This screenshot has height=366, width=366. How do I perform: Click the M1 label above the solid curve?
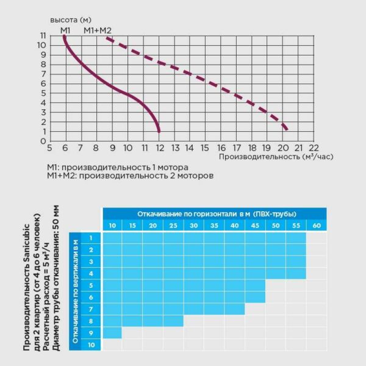65,30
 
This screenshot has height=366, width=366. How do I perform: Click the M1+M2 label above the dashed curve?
98,30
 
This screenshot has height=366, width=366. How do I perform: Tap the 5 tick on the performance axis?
49,148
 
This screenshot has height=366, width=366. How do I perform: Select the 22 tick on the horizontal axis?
314,148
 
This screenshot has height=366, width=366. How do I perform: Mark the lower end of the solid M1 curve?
159,131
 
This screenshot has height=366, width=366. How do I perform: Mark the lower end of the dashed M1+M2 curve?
285,129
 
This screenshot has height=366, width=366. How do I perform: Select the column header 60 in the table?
316,226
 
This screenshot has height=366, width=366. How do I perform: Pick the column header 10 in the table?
112,226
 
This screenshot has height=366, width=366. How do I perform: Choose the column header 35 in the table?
214,226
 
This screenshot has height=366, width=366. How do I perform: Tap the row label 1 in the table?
91,238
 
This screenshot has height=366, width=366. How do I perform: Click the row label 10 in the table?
91,345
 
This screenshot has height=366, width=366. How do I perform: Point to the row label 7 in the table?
91,309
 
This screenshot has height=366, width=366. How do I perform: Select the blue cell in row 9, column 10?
112,333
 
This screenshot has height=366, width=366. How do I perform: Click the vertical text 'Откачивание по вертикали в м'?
75,291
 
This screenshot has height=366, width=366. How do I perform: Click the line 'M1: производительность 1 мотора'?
118,167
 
